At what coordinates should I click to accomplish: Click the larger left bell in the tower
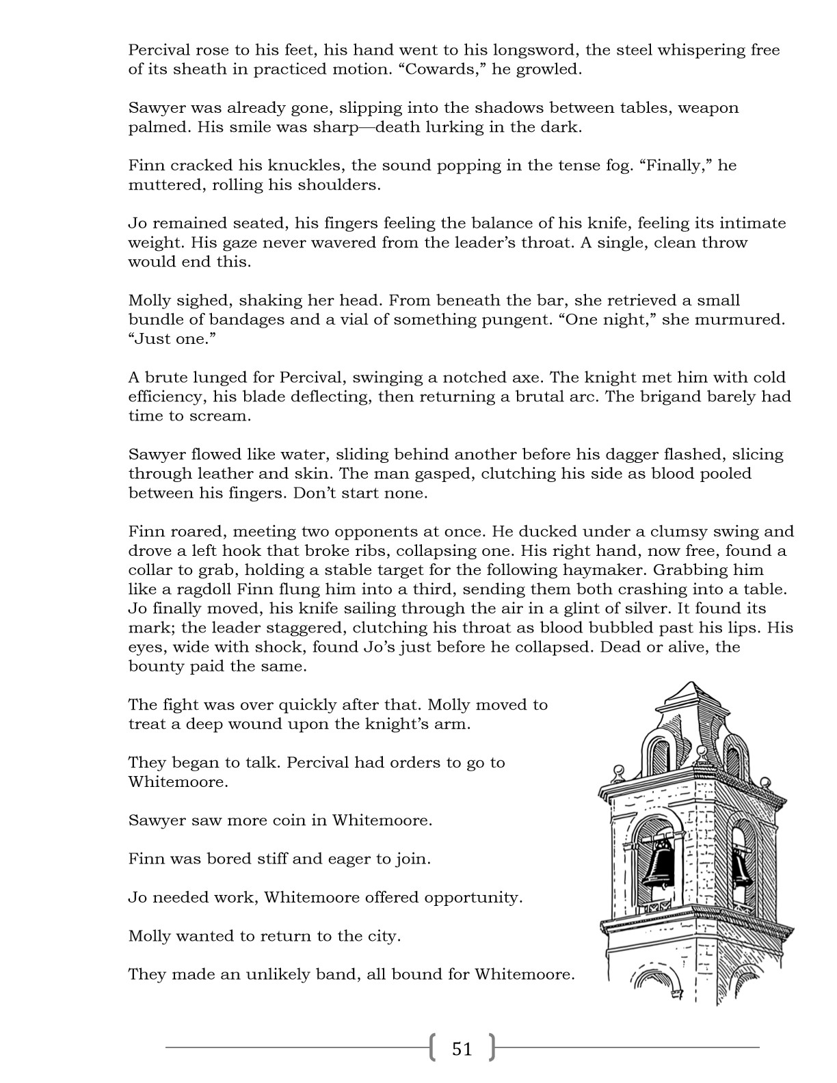coord(661,865)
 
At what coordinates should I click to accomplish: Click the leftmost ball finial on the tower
coord(620,771)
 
